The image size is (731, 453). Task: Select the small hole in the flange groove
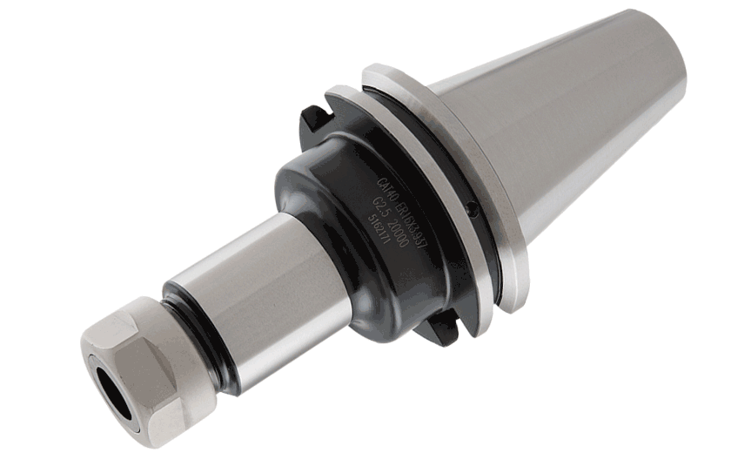(x=470, y=208)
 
